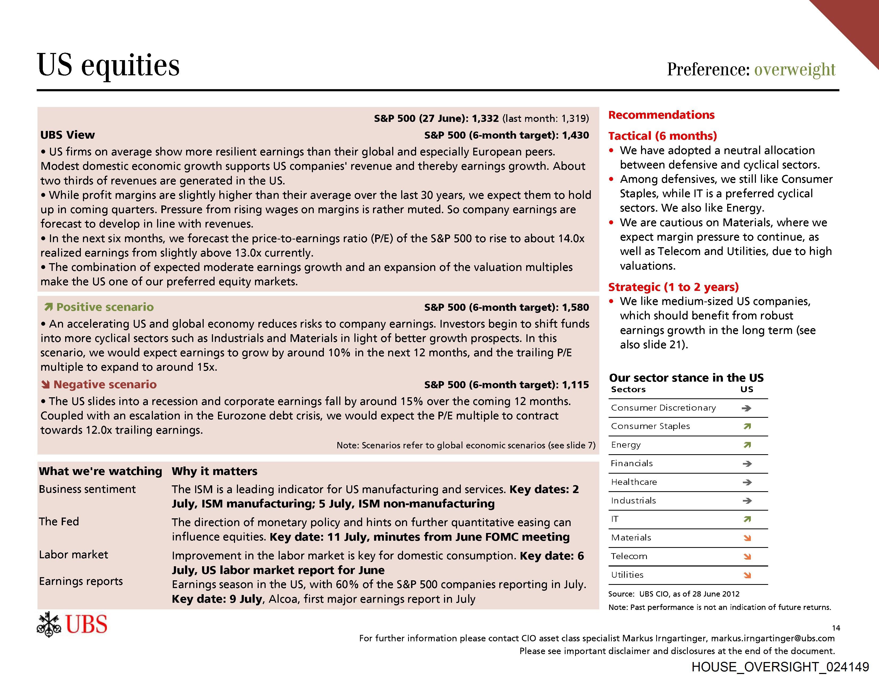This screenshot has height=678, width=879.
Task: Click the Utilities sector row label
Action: pyautogui.click(x=627, y=575)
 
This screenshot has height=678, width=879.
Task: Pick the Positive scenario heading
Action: pyautogui.click(x=105, y=307)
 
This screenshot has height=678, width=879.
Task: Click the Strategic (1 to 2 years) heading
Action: pyautogui.click(x=673, y=287)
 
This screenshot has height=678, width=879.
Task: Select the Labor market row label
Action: pyautogui.click(x=74, y=555)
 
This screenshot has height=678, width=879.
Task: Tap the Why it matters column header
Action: pyautogui.click(x=215, y=471)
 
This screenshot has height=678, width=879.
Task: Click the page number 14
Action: pyautogui.click(x=836, y=628)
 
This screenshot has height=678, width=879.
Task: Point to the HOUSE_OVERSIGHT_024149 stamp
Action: pyautogui.click(x=780, y=667)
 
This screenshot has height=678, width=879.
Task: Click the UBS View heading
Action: pyautogui.click(x=68, y=135)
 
